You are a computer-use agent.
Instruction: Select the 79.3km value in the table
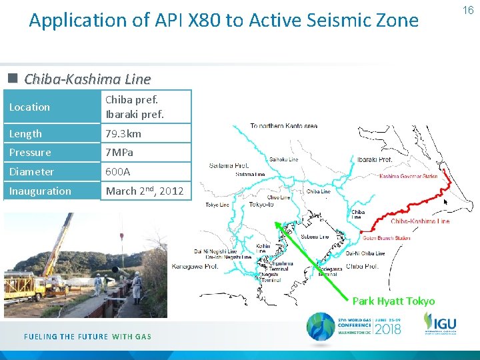click(x=123, y=134)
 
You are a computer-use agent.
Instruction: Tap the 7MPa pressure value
click(x=119, y=153)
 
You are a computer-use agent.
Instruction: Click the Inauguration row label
click(x=40, y=191)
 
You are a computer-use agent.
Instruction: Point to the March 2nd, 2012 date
click(x=145, y=191)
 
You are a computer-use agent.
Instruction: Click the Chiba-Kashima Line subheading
click(x=87, y=79)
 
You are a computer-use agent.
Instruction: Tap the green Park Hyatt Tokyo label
click(x=393, y=301)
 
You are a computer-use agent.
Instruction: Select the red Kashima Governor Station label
click(x=408, y=177)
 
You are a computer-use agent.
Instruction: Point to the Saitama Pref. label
click(x=229, y=165)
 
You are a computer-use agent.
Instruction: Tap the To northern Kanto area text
click(x=283, y=126)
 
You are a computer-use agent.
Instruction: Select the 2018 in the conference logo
click(x=387, y=328)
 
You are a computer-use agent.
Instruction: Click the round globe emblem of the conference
click(x=321, y=327)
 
